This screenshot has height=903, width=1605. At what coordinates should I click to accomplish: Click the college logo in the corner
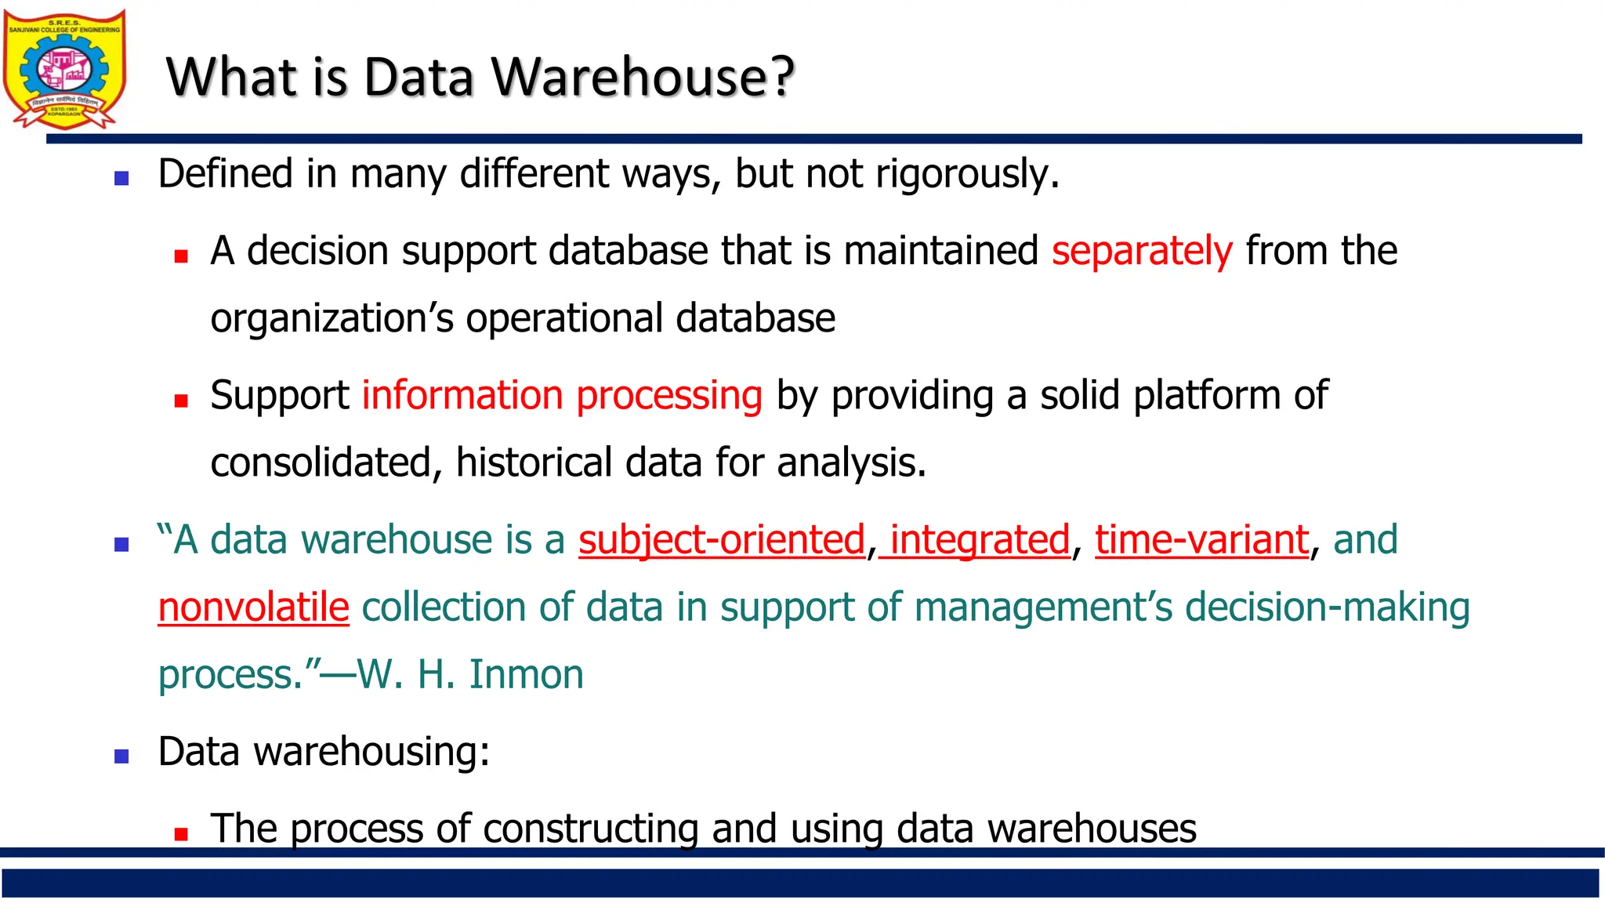tap(64, 69)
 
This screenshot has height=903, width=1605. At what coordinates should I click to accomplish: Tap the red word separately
tap(1142, 251)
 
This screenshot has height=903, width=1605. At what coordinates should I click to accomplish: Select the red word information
tap(462, 395)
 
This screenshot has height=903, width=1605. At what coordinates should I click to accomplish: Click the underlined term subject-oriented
tap(721, 540)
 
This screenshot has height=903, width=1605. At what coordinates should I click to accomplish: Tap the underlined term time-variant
tap(1201, 540)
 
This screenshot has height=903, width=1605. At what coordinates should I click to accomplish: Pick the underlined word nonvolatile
tap(253, 607)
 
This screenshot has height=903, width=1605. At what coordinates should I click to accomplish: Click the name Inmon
tap(526, 675)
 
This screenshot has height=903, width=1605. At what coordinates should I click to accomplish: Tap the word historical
tap(533, 462)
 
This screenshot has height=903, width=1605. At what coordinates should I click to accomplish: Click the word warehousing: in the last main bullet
tap(371, 752)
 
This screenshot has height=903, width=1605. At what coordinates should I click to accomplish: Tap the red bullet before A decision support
tap(181, 256)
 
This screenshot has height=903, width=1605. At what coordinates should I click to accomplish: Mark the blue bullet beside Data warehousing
tap(121, 756)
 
